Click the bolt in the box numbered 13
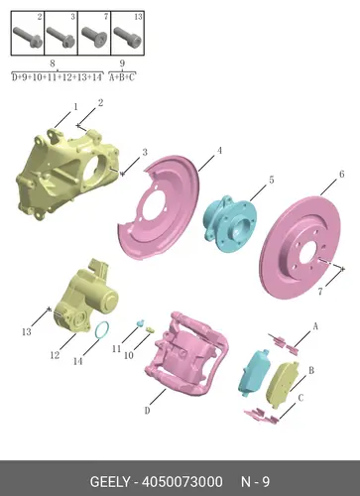128,37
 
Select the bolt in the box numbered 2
28,37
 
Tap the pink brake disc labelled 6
300,248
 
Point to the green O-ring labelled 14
102,329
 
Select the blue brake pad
254,373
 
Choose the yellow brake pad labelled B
282,384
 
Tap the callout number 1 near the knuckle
75,107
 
